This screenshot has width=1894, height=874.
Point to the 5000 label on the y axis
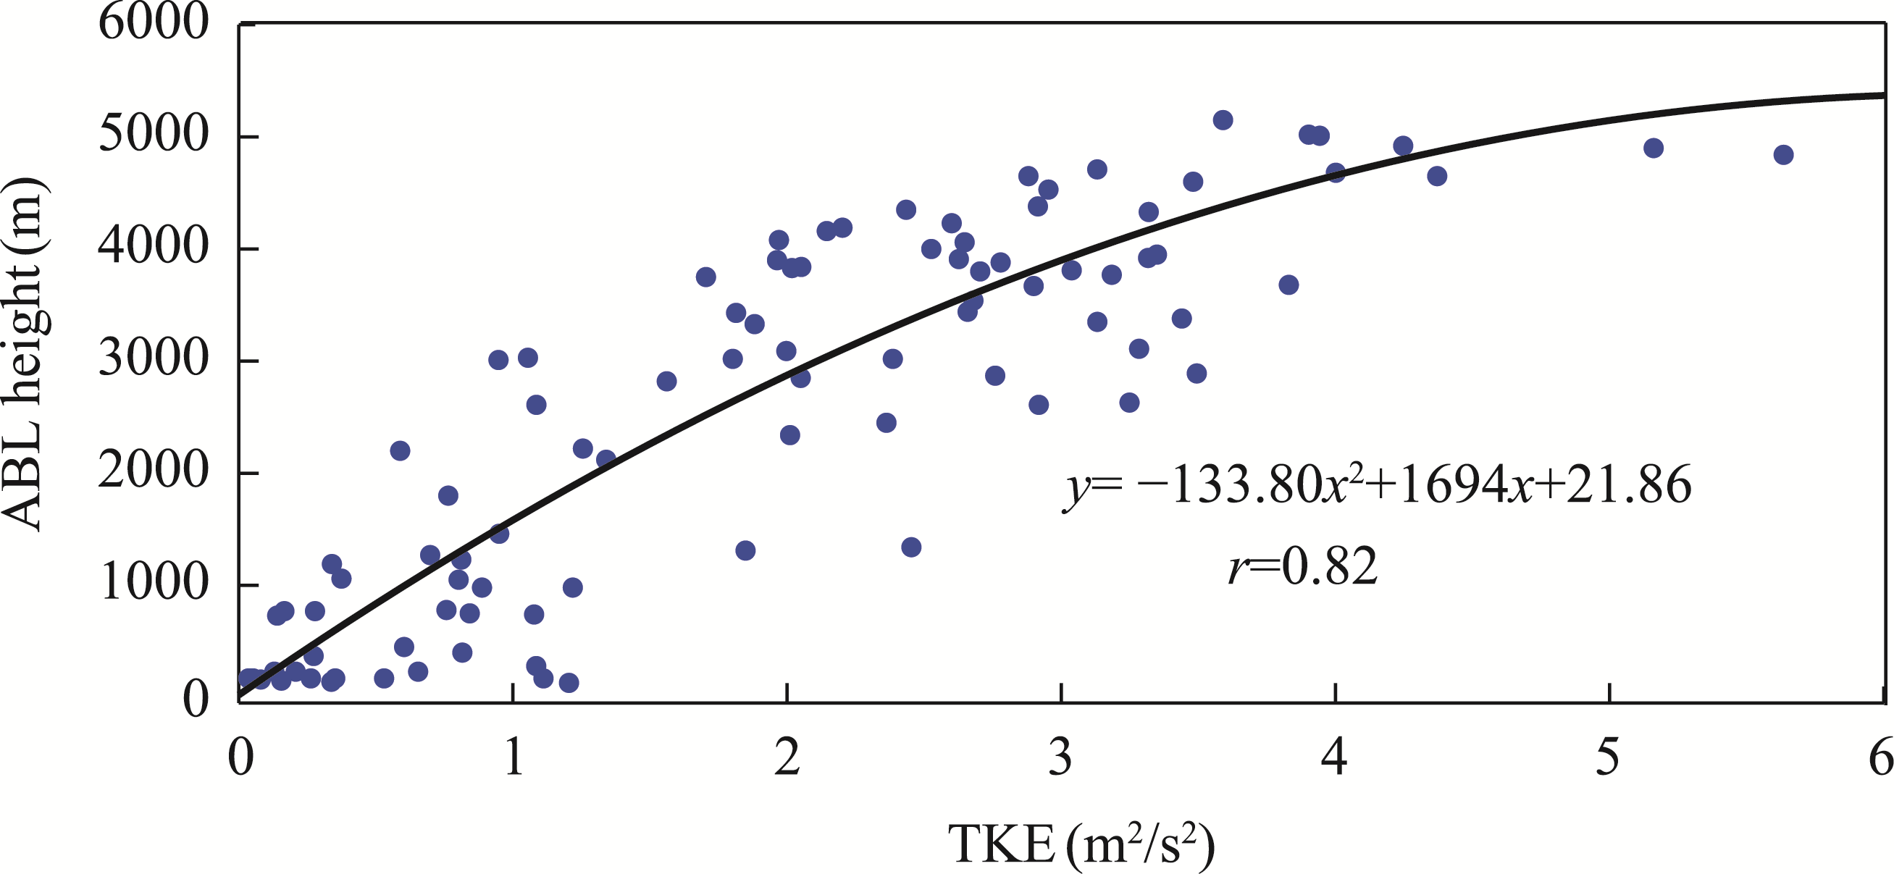pos(154,135)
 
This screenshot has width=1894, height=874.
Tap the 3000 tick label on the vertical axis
pos(154,359)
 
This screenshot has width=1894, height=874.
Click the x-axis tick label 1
pos(514,757)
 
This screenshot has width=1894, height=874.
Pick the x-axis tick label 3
pos(1060,757)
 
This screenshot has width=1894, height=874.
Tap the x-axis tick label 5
pos(1608,757)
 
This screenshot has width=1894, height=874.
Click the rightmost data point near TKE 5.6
pos(1783,155)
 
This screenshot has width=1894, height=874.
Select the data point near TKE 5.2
pos(1654,148)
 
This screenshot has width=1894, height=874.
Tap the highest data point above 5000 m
pos(1223,120)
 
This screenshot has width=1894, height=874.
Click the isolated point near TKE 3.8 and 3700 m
pos(1288,285)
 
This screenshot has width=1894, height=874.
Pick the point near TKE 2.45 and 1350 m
pos(911,547)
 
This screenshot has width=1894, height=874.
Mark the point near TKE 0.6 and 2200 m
pos(400,450)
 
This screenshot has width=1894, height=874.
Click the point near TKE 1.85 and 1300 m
pos(745,550)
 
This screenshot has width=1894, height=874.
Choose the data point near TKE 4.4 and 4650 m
pos(1437,177)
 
